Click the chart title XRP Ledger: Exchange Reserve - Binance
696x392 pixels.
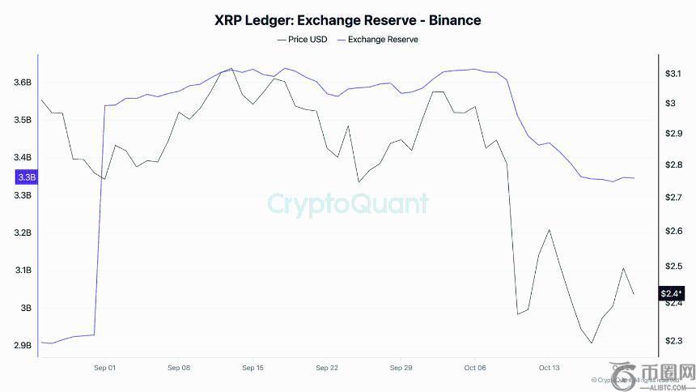347,19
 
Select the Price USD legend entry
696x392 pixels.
303,39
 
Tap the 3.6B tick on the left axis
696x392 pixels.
23,83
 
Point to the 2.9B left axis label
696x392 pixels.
23,346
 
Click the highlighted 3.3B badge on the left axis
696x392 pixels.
25,177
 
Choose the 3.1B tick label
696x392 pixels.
23,271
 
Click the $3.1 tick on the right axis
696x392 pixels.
673,74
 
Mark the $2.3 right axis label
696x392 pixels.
673,341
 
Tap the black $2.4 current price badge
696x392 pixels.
672,293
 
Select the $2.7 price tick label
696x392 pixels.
673,198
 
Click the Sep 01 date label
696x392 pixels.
105,368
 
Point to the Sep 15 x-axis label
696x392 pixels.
253,368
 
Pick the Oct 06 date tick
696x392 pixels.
475,368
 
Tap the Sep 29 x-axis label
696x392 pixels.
401,368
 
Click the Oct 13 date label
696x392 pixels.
549,368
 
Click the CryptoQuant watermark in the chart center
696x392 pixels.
348,202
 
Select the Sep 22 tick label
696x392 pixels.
327,368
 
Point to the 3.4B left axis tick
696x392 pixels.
23,158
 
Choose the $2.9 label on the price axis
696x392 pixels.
673,133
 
